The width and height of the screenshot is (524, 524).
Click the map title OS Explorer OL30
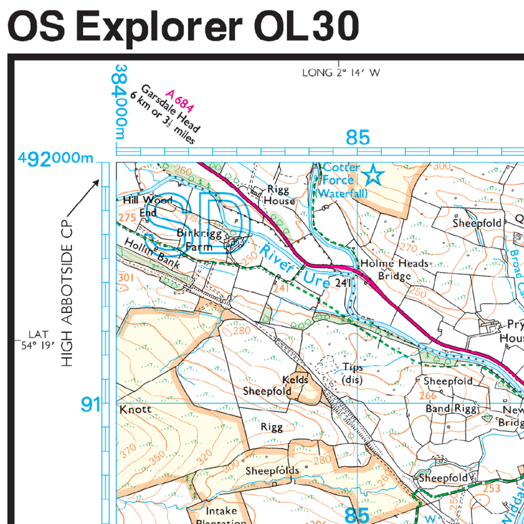(183, 27)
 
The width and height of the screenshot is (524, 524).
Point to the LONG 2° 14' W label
(341, 73)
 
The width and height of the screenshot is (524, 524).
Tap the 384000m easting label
(120, 102)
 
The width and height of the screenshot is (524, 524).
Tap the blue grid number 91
(91, 405)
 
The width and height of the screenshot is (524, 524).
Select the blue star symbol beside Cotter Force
(373, 175)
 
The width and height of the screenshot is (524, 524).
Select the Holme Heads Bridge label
(394, 269)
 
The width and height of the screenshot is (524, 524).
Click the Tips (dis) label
(352, 373)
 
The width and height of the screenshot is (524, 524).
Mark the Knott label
(136, 409)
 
